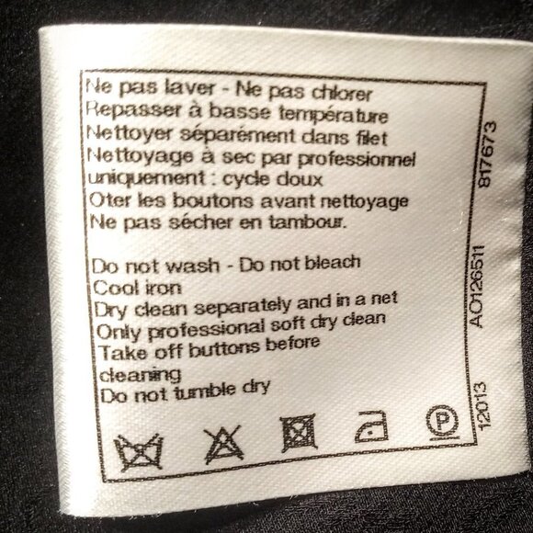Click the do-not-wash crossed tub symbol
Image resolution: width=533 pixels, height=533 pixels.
point(139,451)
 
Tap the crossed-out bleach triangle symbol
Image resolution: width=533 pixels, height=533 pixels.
point(223,444)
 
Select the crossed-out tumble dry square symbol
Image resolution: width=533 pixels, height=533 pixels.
point(299,433)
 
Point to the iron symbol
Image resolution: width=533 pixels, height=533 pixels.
point(371,426)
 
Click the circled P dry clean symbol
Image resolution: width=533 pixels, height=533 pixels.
point(442,423)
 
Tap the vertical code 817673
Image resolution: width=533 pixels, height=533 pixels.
point(487,154)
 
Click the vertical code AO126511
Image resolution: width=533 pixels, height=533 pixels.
point(477,286)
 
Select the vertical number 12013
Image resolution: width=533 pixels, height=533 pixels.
point(483,405)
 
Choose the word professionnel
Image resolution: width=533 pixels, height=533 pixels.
point(357,159)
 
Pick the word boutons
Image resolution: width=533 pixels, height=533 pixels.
point(213,200)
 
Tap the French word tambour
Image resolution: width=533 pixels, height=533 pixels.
point(308,222)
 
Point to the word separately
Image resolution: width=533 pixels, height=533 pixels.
point(243,306)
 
